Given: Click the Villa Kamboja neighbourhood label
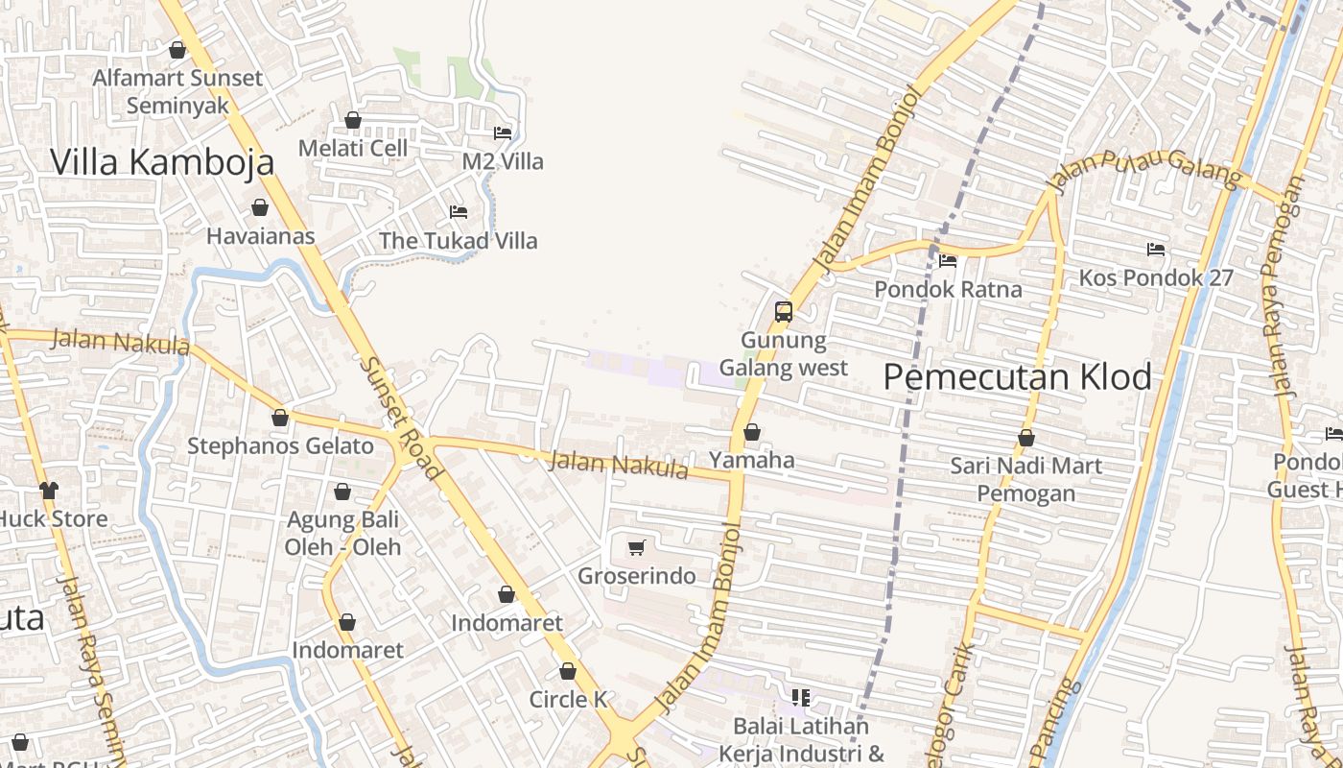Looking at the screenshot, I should (x=162, y=162).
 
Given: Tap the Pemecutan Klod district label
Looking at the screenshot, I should (x=1017, y=377).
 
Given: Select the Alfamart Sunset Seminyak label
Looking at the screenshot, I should (x=177, y=91).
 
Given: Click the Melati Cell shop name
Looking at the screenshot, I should (x=352, y=148).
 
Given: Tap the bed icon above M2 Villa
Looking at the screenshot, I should (x=503, y=132).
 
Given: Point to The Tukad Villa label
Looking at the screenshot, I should (x=459, y=240).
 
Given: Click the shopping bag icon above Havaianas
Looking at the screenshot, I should (x=260, y=207).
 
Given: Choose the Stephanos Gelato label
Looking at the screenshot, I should (x=280, y=445).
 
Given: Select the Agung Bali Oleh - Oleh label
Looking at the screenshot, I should (x=342, y=533).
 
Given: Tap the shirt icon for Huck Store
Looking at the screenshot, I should (x=49, y=491).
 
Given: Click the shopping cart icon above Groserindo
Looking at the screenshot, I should (x=636, y=548).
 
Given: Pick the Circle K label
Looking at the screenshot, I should (x=568, y=699).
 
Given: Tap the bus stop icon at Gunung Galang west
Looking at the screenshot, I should (x=784, y=311).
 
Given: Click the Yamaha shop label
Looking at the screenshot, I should (x=752, y=460).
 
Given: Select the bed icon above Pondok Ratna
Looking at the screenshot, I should (x=948, y=260).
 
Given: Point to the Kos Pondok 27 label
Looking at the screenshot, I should (x=1155, y=277).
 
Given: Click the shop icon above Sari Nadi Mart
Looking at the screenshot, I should (x=1026, y=439).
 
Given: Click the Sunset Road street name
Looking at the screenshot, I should (x=400, y=419).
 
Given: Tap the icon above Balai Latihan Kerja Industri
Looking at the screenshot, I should (x=801, y=697).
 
